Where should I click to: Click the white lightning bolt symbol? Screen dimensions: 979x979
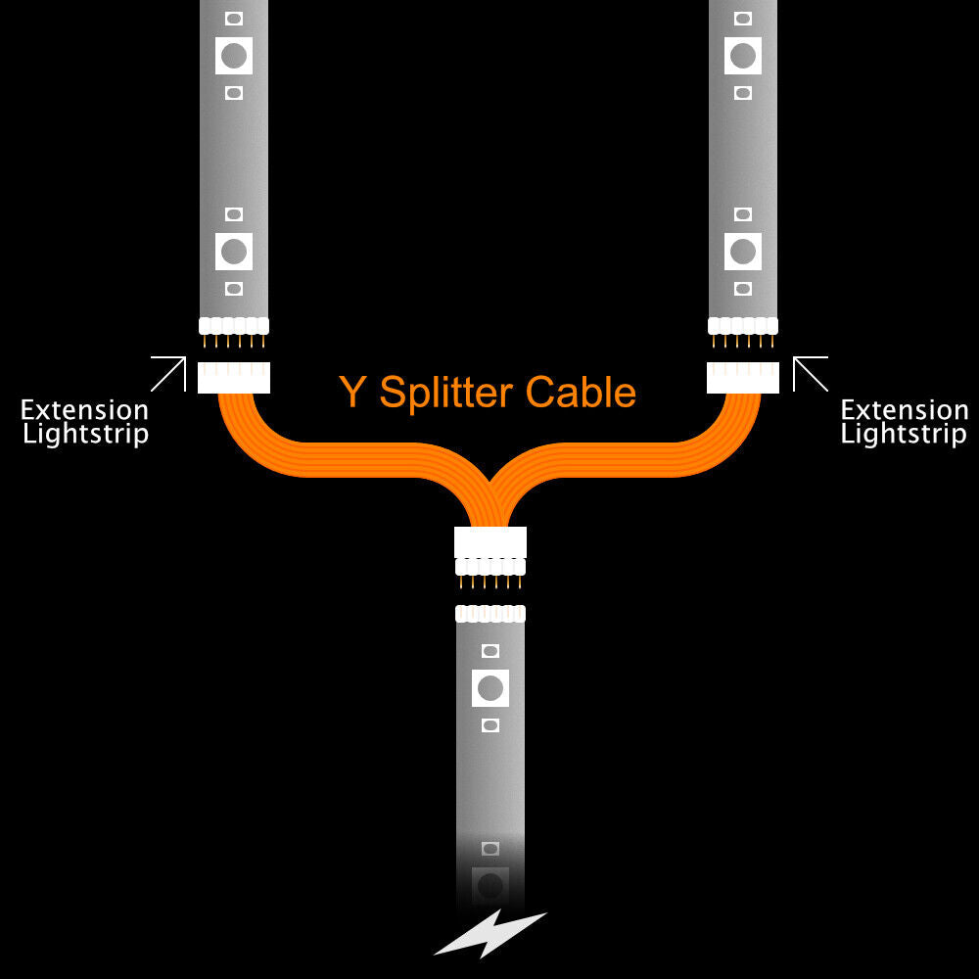pyautogui.click(x=489, y=933)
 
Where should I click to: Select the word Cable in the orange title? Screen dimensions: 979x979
pyautogui.click(x=581, y=392)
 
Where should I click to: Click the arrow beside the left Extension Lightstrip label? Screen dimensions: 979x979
pyautogui.click(x=168, y=374)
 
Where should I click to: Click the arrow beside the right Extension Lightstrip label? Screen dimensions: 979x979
pyautogui.click(x=810, y=374)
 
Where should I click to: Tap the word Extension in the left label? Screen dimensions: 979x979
pyautogui.click(x=85, y=410)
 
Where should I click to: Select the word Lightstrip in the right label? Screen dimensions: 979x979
pyautogui.click(x=904, y=434)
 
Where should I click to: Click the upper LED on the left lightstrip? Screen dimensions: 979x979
pyautogui.click(x=234, y=55)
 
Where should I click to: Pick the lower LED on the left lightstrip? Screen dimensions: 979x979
pyautogui.click(x=234, y=251)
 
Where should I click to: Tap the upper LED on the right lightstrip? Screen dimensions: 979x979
pyautogui.click(x=743, y=55)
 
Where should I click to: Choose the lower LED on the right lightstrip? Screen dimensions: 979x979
pyautogui.click(x=743, y=251)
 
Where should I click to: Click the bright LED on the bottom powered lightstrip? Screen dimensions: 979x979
pyautogui.click(x=490, y=687)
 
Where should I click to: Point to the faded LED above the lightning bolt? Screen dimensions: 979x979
pyautogui.click(x=490, y=885)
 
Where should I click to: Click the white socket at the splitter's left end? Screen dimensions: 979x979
pyautogui.click(x=234, y=377)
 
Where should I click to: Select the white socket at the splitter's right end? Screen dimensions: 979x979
pyautogui.click(x=743, y=377)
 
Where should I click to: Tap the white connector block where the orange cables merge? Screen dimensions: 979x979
pyautogui.click(x=490, y=542)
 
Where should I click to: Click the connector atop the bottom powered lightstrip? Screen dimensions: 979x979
pyautogui.click(x=490, y=614)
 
